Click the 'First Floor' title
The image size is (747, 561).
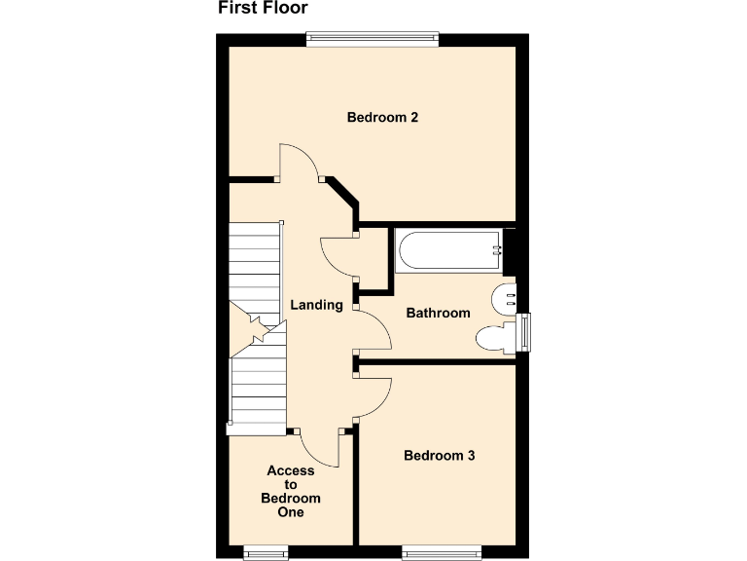(x=263, y=9)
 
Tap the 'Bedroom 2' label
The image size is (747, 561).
(x=382, y=118)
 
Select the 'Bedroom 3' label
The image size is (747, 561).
(x=440, y=455)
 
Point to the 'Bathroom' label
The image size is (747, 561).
(x=438, y=313)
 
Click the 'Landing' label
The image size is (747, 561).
(x=316, y=305)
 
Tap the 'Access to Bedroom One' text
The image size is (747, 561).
(x=291, y=491)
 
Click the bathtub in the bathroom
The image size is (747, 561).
(x=448, y=250)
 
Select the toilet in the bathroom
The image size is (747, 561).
(x=495, y=338)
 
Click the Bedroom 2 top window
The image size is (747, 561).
(x=372, y=39)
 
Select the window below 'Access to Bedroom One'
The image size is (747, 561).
(x=266, y=553)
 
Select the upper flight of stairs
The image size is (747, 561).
(x=254, y=268)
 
